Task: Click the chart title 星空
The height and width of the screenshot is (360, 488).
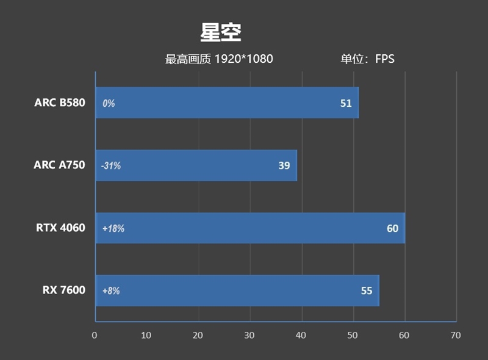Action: [x=221, y=32]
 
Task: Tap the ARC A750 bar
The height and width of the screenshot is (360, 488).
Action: [x=196, y=165]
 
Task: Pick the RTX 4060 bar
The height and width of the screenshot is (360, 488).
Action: [x=250, y=228]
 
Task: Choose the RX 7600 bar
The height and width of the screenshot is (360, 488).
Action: [x=237, y=290]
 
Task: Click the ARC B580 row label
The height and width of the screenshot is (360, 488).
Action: [x=60, y=103]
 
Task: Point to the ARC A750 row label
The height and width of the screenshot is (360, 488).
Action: [x=60, y=165]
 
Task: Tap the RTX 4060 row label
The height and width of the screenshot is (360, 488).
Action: [x=60, y=228]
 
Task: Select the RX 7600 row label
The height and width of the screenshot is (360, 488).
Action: [x=64, y=290]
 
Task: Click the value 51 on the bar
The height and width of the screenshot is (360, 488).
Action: [x=346, y=103]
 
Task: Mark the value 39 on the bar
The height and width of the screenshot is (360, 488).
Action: [x=284, y=165]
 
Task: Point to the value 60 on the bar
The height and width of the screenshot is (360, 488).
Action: [x=392, y=228]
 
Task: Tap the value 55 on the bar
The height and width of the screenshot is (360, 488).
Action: [x=366, y=291]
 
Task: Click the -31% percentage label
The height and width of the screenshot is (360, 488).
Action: [x=111, y=166]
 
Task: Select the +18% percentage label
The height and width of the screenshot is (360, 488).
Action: [x=113, y=229]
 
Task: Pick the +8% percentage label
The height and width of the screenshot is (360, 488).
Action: [x=111, y=291]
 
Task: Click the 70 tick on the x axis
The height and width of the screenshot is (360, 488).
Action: [x=456, y=335]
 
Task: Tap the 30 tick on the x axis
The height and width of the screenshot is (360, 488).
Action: [x=249, y=335]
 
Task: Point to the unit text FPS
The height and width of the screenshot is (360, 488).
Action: [x=384, y=59]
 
